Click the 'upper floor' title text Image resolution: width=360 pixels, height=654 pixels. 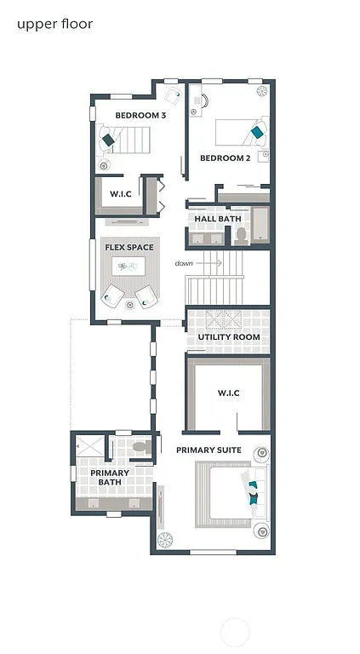(55, 24)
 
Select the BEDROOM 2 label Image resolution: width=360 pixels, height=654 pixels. (225, 158)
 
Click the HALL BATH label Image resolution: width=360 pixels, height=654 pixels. (218, 219)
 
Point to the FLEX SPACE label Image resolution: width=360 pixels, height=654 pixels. (129, 248)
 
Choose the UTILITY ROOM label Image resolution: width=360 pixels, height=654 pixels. (228, 337)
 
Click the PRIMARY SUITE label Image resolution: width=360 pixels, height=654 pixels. (209, 450)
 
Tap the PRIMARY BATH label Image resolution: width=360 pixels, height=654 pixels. (110, 477)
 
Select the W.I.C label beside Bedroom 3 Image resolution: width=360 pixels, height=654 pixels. (120, 194)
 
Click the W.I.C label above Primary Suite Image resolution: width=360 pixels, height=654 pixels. (228, 393)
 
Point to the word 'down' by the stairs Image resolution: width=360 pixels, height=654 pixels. (184, 263)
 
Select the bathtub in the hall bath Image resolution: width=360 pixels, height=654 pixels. (260, 226)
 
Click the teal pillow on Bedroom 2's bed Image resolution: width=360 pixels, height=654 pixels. (256, 131)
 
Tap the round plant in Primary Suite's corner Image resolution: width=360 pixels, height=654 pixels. (165, 539)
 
